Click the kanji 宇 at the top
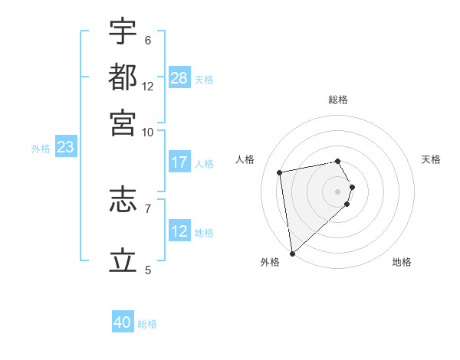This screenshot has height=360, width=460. point(123,32)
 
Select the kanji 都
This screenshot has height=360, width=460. point(123,77)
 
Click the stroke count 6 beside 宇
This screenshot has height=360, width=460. point(147,41)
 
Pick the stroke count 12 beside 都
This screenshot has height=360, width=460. point(148,87)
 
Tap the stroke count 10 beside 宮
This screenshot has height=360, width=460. point(148,132)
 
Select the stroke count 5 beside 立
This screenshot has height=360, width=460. point(148,270)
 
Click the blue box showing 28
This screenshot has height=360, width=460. point(179,77)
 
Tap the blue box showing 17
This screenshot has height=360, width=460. point(179,162)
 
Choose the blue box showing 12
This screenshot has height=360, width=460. point(179,231)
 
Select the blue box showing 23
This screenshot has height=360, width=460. point(65,148)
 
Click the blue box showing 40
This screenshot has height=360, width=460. point(123,322)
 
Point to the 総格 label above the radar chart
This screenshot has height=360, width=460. point(338,100)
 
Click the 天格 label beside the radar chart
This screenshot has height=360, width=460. point(431,159)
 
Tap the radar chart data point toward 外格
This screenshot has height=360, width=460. point(292,254)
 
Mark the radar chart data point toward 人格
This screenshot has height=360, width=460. point(280,172)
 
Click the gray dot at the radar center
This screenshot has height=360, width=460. point(338,191)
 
